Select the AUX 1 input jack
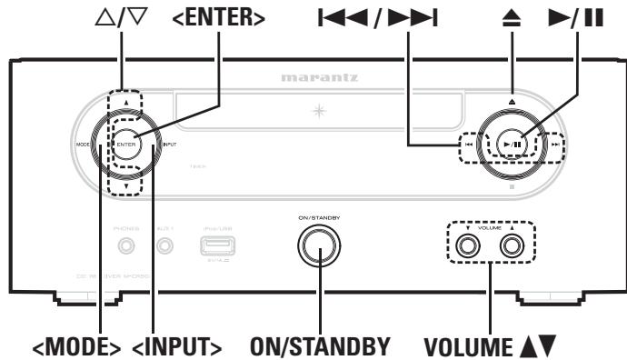coord(164,245)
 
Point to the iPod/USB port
coord(215,245)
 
